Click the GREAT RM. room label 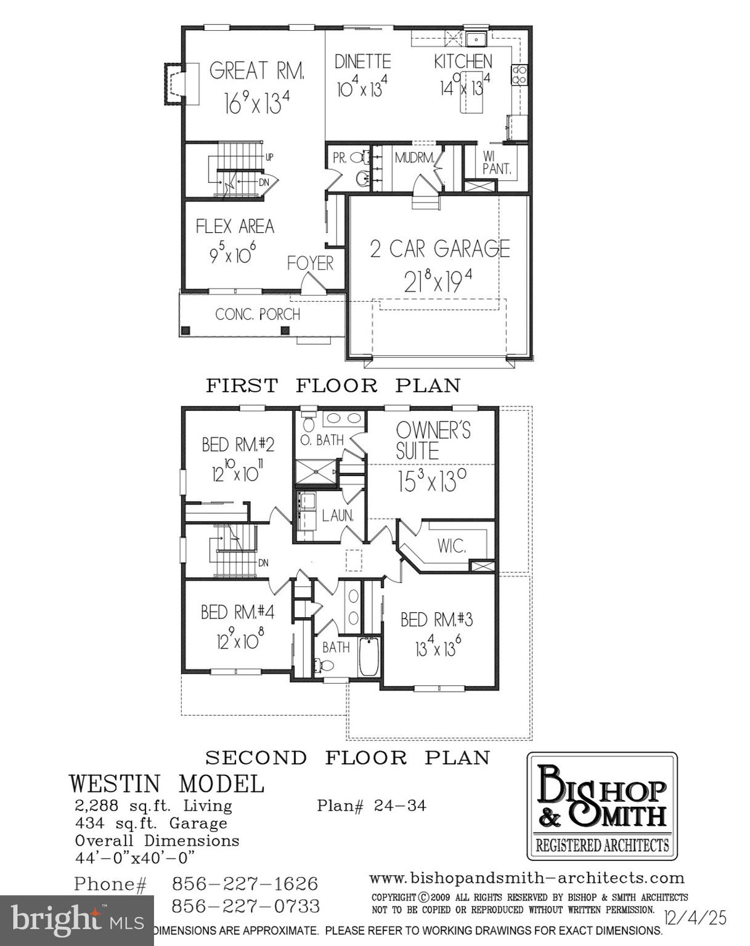[x=256, y=71]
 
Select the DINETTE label [x=362, y=62]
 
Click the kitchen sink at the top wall [x=476, y=40]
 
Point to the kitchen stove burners [x=520, y=75]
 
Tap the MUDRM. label [x=414, y=158]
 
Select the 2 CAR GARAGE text [x=439, y=248]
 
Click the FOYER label [x=310, y=264]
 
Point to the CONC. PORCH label [x=258, y=314]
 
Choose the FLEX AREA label [x=235, y=227]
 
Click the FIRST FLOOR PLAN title [x=333, y=386]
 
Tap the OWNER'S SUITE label [x=433, y=440]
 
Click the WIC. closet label [x=451, y=546]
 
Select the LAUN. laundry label [x=338, y=516]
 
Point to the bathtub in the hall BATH [x=368, y=656]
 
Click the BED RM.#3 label [x=436, y=620]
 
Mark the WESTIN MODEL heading [x=166, y=784]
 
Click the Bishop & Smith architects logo [x=601, y=806]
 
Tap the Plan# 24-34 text [x=371, y=806]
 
